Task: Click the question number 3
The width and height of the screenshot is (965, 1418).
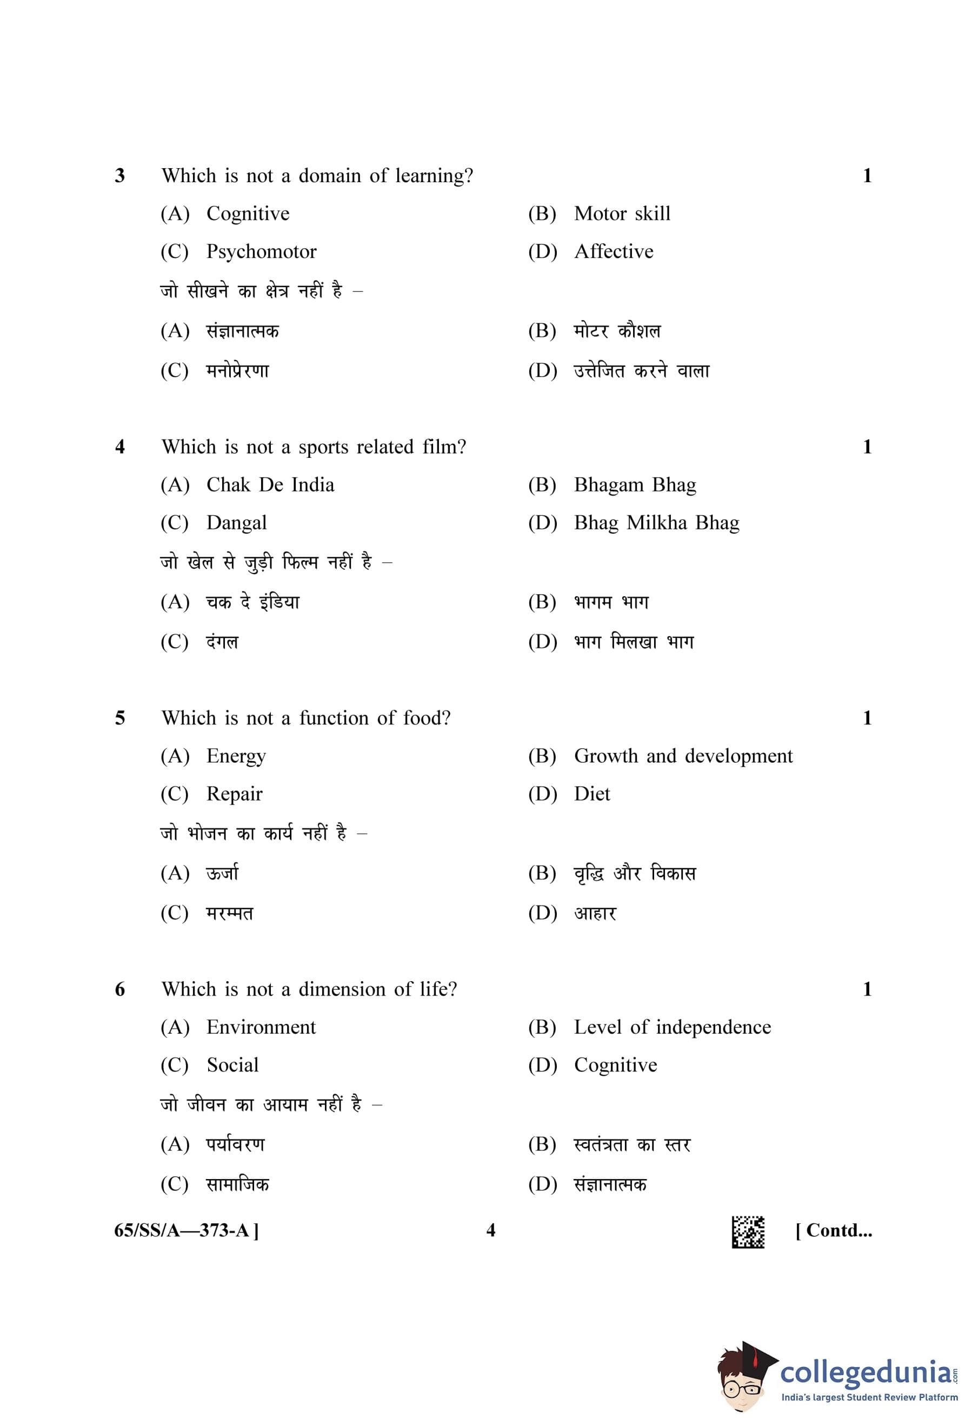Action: point(119,176)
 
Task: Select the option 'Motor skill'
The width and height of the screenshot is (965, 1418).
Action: point(622,214)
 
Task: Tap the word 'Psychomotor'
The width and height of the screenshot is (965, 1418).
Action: point(261,251)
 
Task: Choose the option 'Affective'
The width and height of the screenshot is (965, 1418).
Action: point(613,251)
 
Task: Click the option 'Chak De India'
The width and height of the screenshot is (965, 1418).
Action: point(270,485)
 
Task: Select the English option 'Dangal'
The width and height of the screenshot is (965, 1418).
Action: point(236,523)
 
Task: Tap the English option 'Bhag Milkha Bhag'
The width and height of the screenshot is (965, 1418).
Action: point(656,523)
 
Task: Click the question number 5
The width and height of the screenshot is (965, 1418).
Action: point(119,718)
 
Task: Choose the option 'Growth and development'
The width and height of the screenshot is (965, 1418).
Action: point(683,756)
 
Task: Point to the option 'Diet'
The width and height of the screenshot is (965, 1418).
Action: point(591,794)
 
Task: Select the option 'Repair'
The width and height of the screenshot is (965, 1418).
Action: point(234,794)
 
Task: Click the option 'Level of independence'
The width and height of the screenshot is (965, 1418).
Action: point(671,1027)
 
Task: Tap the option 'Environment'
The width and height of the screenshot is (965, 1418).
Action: point(261,1027)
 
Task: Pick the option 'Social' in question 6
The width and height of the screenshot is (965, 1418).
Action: point(232,1065)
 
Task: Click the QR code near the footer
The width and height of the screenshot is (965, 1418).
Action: point(748,1231)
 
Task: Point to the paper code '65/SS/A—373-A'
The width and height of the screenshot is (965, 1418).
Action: point(186,1230)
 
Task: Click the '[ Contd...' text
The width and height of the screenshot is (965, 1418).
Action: point(833,1230)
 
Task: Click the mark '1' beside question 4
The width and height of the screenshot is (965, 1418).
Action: point(867,447)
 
